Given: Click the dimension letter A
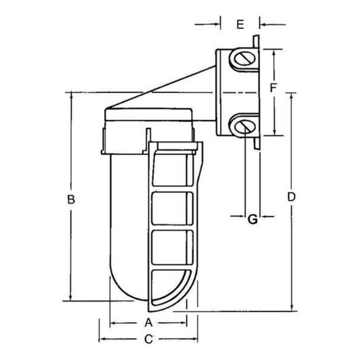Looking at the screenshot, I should (x=148, y=323).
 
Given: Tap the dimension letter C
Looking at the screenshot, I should (x=148, y=339).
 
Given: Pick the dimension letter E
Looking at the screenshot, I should (x=240, y=24).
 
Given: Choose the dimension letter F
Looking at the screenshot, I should (x=275, y=86).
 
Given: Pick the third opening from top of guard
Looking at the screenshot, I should (x=173, y=248).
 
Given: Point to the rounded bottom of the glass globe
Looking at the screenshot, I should (x=131, y=288).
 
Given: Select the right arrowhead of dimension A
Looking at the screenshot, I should (x=185, y=323).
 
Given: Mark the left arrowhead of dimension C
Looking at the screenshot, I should (x=101, y=339).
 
